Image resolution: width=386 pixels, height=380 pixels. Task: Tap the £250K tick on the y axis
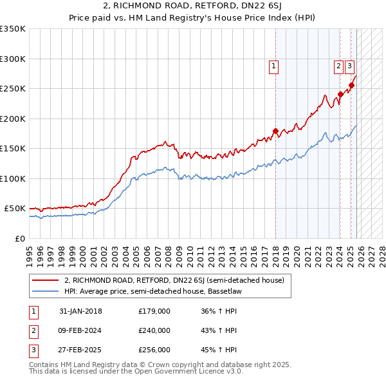click(x=13, y=89)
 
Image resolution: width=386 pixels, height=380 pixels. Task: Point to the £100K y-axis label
click(x=13, y=178)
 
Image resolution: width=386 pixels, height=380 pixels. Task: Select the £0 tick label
click(x=19, y=238)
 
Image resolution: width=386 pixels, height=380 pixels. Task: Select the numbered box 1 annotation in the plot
click(x=273, y=65)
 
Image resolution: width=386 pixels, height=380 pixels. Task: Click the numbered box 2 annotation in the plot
click(x=338, y=65)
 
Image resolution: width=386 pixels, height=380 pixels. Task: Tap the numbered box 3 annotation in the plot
click(x=349, y=65)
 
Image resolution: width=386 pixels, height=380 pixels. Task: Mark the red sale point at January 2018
click(x=275, y=131)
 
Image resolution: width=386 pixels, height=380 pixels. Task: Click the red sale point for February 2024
click(x=340, y=95)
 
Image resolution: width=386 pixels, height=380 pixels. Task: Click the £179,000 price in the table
click(x=154, y=311)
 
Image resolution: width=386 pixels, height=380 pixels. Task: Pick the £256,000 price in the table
click(x=154, y=350)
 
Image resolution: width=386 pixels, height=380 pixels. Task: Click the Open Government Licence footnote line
click(x=136, y=372)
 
